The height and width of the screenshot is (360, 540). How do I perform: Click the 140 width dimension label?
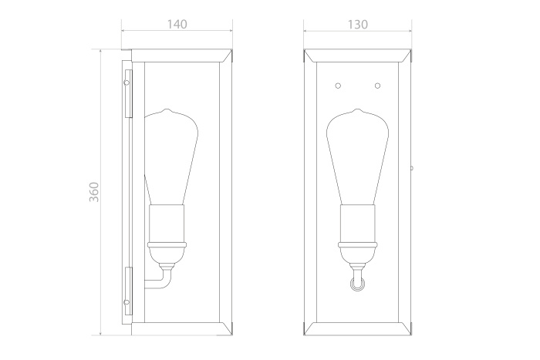[x=177, y=25]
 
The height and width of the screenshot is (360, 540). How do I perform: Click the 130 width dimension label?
[x=357, y=25]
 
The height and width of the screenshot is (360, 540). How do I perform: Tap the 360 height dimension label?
[x=94, y=192]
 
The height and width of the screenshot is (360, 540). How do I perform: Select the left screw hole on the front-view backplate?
[x=338, y=86]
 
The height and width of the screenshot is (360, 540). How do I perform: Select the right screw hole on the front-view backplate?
[x=377, y=86]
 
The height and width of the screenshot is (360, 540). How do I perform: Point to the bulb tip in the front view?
[x=357, y=109]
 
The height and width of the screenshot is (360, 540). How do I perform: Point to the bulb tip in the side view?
[x=167, y=109]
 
